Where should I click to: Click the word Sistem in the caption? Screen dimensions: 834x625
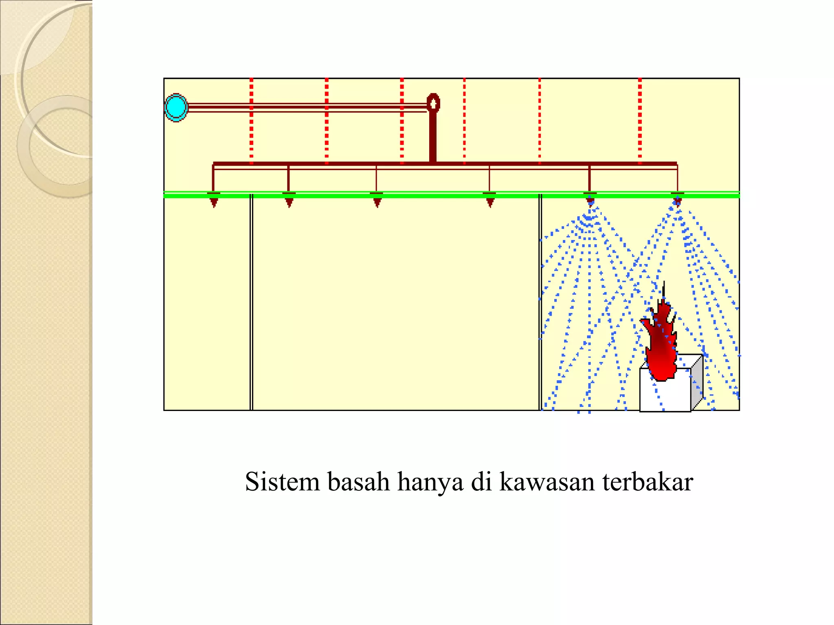[x=282, y=482]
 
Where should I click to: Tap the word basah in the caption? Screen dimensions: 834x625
[x=358, y=482]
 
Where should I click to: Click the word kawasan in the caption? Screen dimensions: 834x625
[x=547, y=483]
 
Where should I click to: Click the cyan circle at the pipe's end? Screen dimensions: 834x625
[x=176, y=107]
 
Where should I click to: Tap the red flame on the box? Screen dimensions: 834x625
[x=661, y=346]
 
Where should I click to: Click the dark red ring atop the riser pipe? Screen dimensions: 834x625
[x=433, y=103]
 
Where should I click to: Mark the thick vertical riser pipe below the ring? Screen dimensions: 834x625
[x=433, y=138]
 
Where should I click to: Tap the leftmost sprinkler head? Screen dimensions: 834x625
[x=213, y=200]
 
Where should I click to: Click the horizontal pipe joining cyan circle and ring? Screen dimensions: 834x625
[x=305, y=107]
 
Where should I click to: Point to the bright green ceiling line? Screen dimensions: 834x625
[x=407, y=196]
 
